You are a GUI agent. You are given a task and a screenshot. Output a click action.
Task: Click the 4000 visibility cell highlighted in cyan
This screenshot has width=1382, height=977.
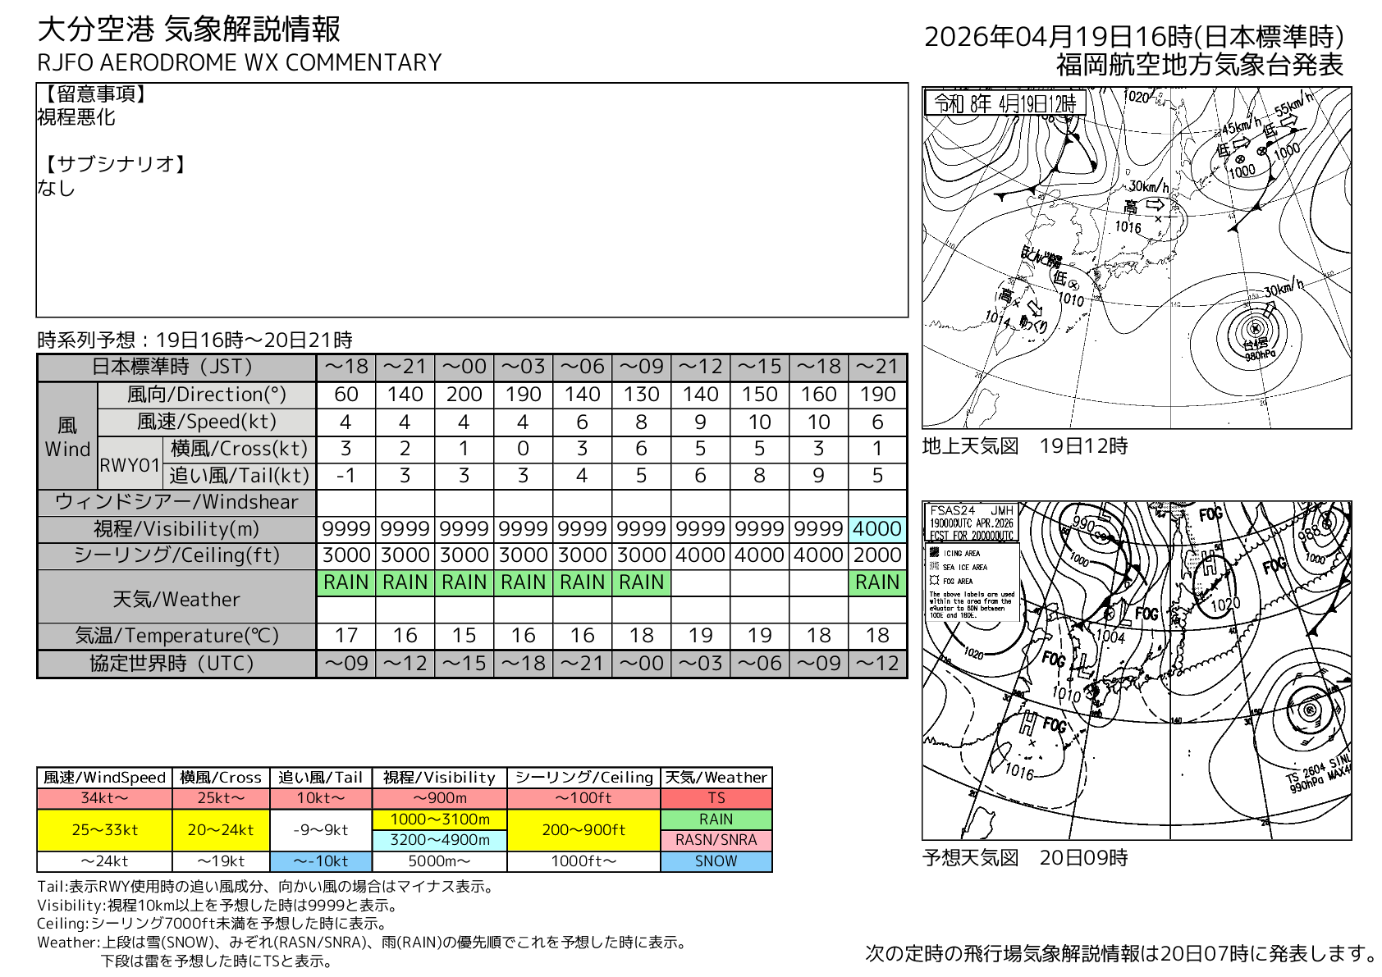pyautogui.click(x=877, y=529)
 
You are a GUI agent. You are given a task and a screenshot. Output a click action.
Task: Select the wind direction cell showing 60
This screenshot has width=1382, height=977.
pyautogui.click(x=345, y=395)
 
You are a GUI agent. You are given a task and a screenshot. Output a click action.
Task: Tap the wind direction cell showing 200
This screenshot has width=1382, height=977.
pyautogui.click(x=464, y=395)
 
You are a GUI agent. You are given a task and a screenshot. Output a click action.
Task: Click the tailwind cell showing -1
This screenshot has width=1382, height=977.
pyautogui.click(x=345, y=476)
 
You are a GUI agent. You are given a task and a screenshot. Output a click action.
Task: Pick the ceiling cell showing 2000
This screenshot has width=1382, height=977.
pyautogui.click(x=877, y=555)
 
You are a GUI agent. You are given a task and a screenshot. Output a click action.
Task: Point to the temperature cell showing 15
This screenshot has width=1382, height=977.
pyautogui.click(x=464, y=636)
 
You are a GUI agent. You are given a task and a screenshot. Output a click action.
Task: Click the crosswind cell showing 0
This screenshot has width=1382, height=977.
pyautogui.click(x=523, y=449)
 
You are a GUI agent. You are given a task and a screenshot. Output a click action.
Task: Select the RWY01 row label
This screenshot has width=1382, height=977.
pyautogui.click(x=129, y=464)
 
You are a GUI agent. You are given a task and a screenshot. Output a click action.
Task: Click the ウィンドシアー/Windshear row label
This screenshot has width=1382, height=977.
pyautogui.click(x=176, y=502)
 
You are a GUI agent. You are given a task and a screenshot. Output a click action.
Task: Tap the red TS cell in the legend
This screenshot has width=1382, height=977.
pyautogui.click(x=716, y=798)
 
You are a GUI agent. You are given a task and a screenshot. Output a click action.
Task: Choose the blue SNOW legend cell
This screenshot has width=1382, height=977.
pyautogui.click(x=716, y=861)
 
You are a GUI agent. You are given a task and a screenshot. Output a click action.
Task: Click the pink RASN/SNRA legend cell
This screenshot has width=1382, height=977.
pyautogui.click(x=716, y=840)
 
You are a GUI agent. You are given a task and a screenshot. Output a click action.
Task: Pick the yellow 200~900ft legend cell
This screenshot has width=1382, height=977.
pyautogui.click(x=583, y=829)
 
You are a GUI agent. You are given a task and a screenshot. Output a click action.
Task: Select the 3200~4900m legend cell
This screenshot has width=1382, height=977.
pyautogui.click(x=439, y=840)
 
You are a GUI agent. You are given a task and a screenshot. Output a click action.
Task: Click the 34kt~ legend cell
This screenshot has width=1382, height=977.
pyautogui.click(x=104, y=798)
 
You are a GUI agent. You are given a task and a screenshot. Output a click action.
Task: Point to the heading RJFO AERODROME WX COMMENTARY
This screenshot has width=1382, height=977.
pyautogui.click(x=240, y=63)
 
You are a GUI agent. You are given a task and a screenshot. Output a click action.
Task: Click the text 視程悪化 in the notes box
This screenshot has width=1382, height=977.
pyautogui.click(x=76, y=117)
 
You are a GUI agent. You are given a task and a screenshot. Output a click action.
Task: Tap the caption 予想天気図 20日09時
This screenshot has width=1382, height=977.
pyautogui.click(x=1025, y=858)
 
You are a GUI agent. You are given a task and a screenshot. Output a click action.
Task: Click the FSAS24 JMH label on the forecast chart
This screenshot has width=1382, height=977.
pyautogui.click(x=972, y=510)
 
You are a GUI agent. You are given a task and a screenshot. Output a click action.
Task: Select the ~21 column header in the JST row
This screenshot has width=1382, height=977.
pyautogui.click(x=405, y=367)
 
